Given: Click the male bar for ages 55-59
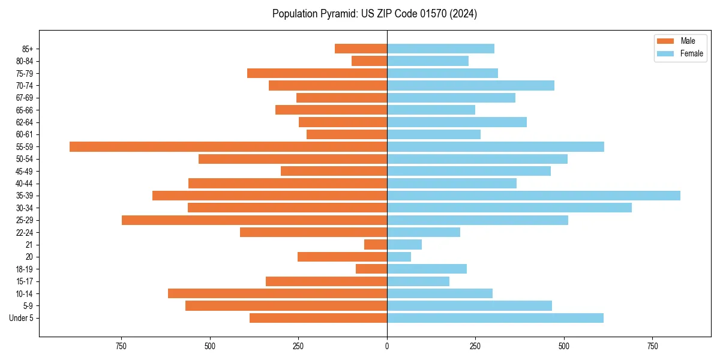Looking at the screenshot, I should pyautogui.click(x=228, y=147).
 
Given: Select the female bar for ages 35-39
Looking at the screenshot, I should pyautogui.click(x=533, y=196).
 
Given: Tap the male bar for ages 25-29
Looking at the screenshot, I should pyautogui.click(x=254, y=220).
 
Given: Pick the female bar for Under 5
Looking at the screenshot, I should pyautogui.click(x=495, y=318).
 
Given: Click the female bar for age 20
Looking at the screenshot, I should pyautogui.click(x=399, y=257).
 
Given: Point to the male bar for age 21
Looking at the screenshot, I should pyautogui.click(x=376, y=245).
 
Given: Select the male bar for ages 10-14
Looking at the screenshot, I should pyautogui.click(x=277, y=293).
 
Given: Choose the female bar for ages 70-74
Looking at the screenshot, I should pyautogui.click(x=470, y=85).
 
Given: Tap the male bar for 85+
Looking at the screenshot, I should pyautogui.click(x=361, y=49).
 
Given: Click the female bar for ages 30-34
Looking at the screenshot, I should pyautogui.click(x=509, y=208).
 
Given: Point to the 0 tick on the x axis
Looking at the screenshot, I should pyautogui.click(x=387, y=346).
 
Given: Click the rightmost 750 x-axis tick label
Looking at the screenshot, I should pyautogui.click(x=652, y=346).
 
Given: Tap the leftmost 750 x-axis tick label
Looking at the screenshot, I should pyautogui.click(x=121, y=346).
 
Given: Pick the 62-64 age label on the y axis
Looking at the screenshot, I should pyautogui.click(x=25, y=122).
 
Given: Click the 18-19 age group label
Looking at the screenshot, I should pyautogui.click(x=25, y=269).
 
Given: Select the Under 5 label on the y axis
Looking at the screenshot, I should pyautogui.click(x=21, y=318).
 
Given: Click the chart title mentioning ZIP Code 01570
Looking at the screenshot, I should pyautogui.click(x=374, y=14).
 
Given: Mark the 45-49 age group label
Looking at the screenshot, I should pyautogui.click(x=25, y=171).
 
